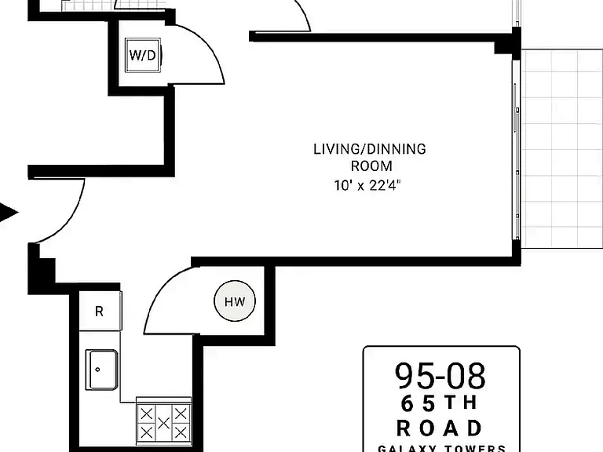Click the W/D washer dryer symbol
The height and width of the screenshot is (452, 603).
tap(143, 55)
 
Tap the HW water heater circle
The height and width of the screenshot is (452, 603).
tap(235, 301)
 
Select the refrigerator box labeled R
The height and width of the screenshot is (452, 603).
tap(100, 311)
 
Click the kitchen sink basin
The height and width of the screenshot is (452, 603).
tap(102, 370)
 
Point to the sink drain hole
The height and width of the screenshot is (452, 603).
tap(97, 370)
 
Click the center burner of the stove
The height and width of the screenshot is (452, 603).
tap(163, 424)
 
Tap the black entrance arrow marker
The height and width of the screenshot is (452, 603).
tap(8, 212)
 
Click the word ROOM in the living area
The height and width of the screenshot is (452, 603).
tap(371, 166)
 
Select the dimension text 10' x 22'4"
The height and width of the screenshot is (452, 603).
tap(367, 185)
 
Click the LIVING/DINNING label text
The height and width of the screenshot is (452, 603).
tap(370, 149)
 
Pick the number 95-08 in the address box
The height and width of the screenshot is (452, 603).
tap(440, 376)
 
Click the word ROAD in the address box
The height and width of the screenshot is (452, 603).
tap(439, 428)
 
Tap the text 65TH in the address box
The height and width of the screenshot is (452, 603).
tap(439, 403)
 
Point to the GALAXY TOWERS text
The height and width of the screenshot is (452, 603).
tap(442, 448)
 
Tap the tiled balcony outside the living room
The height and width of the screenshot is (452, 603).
tap(562, 149)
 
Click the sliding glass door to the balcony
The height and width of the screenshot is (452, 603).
tap(517, 150)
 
